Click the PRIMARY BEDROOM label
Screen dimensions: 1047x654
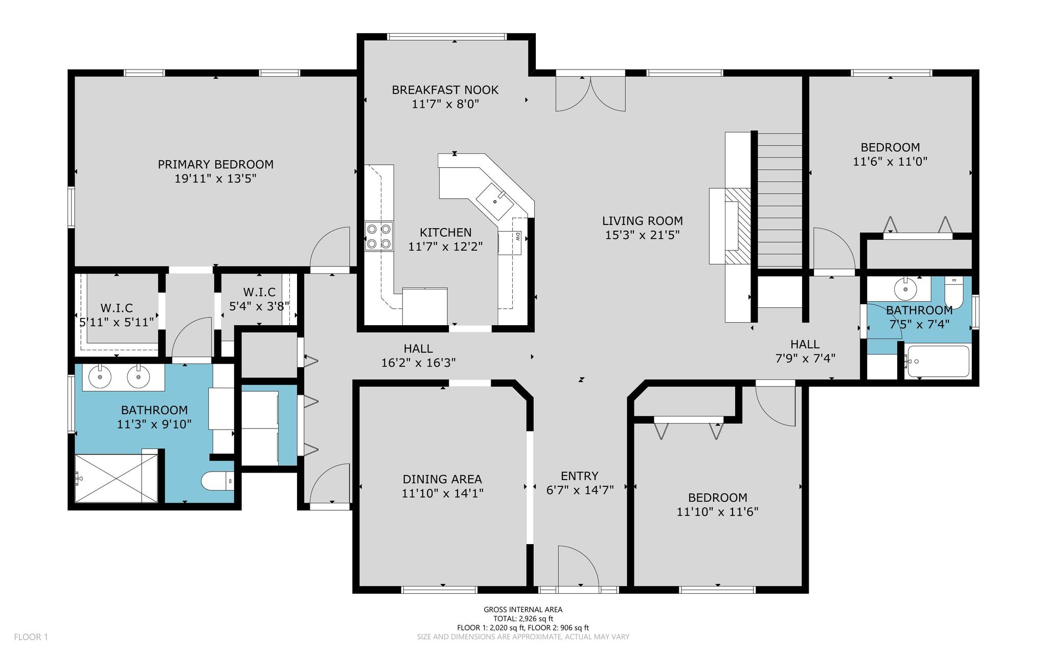coord(215,165)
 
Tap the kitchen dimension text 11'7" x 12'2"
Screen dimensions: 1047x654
coord(445,247)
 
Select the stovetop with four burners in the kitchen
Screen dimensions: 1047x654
coord(379,236)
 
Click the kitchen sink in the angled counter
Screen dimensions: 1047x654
coord(495,201)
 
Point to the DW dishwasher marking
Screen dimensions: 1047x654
coord(517,237)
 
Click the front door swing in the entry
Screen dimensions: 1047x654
coord(578,566)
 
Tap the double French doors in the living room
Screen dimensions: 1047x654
coord(590,94)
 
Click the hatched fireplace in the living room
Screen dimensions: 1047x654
coord(737,226)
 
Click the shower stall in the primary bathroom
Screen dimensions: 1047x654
coord(117,478)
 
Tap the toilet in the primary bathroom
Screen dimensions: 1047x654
coord(217,481)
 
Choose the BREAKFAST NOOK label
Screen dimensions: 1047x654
coord(445,90)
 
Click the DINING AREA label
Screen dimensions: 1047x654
coord(442,480)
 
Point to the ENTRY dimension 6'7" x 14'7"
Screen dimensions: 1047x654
coord(580,490)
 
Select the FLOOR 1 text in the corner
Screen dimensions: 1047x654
coord(31,637)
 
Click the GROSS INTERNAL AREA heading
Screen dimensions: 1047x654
coord(523,610)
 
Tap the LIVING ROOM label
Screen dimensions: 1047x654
coord(643,221)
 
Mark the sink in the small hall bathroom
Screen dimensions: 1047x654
coord(905,289)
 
